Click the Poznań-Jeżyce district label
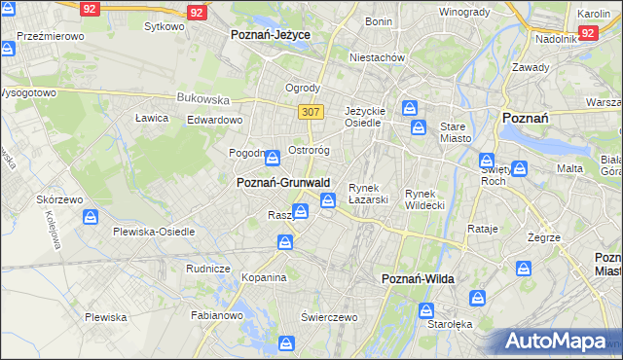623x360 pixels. (270, 34)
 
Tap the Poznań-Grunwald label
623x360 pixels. (283, 182)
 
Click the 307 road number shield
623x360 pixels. (311, 112)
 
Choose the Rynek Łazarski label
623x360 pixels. (369, 194)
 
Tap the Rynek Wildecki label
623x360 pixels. (424, 199)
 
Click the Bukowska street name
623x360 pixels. (202, 98)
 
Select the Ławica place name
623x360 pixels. (152, 118)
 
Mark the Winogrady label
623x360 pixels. (463, 12)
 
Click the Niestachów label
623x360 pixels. (378, 57)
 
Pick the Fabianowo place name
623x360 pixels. (215, 314)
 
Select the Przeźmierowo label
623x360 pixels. (52, 35)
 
